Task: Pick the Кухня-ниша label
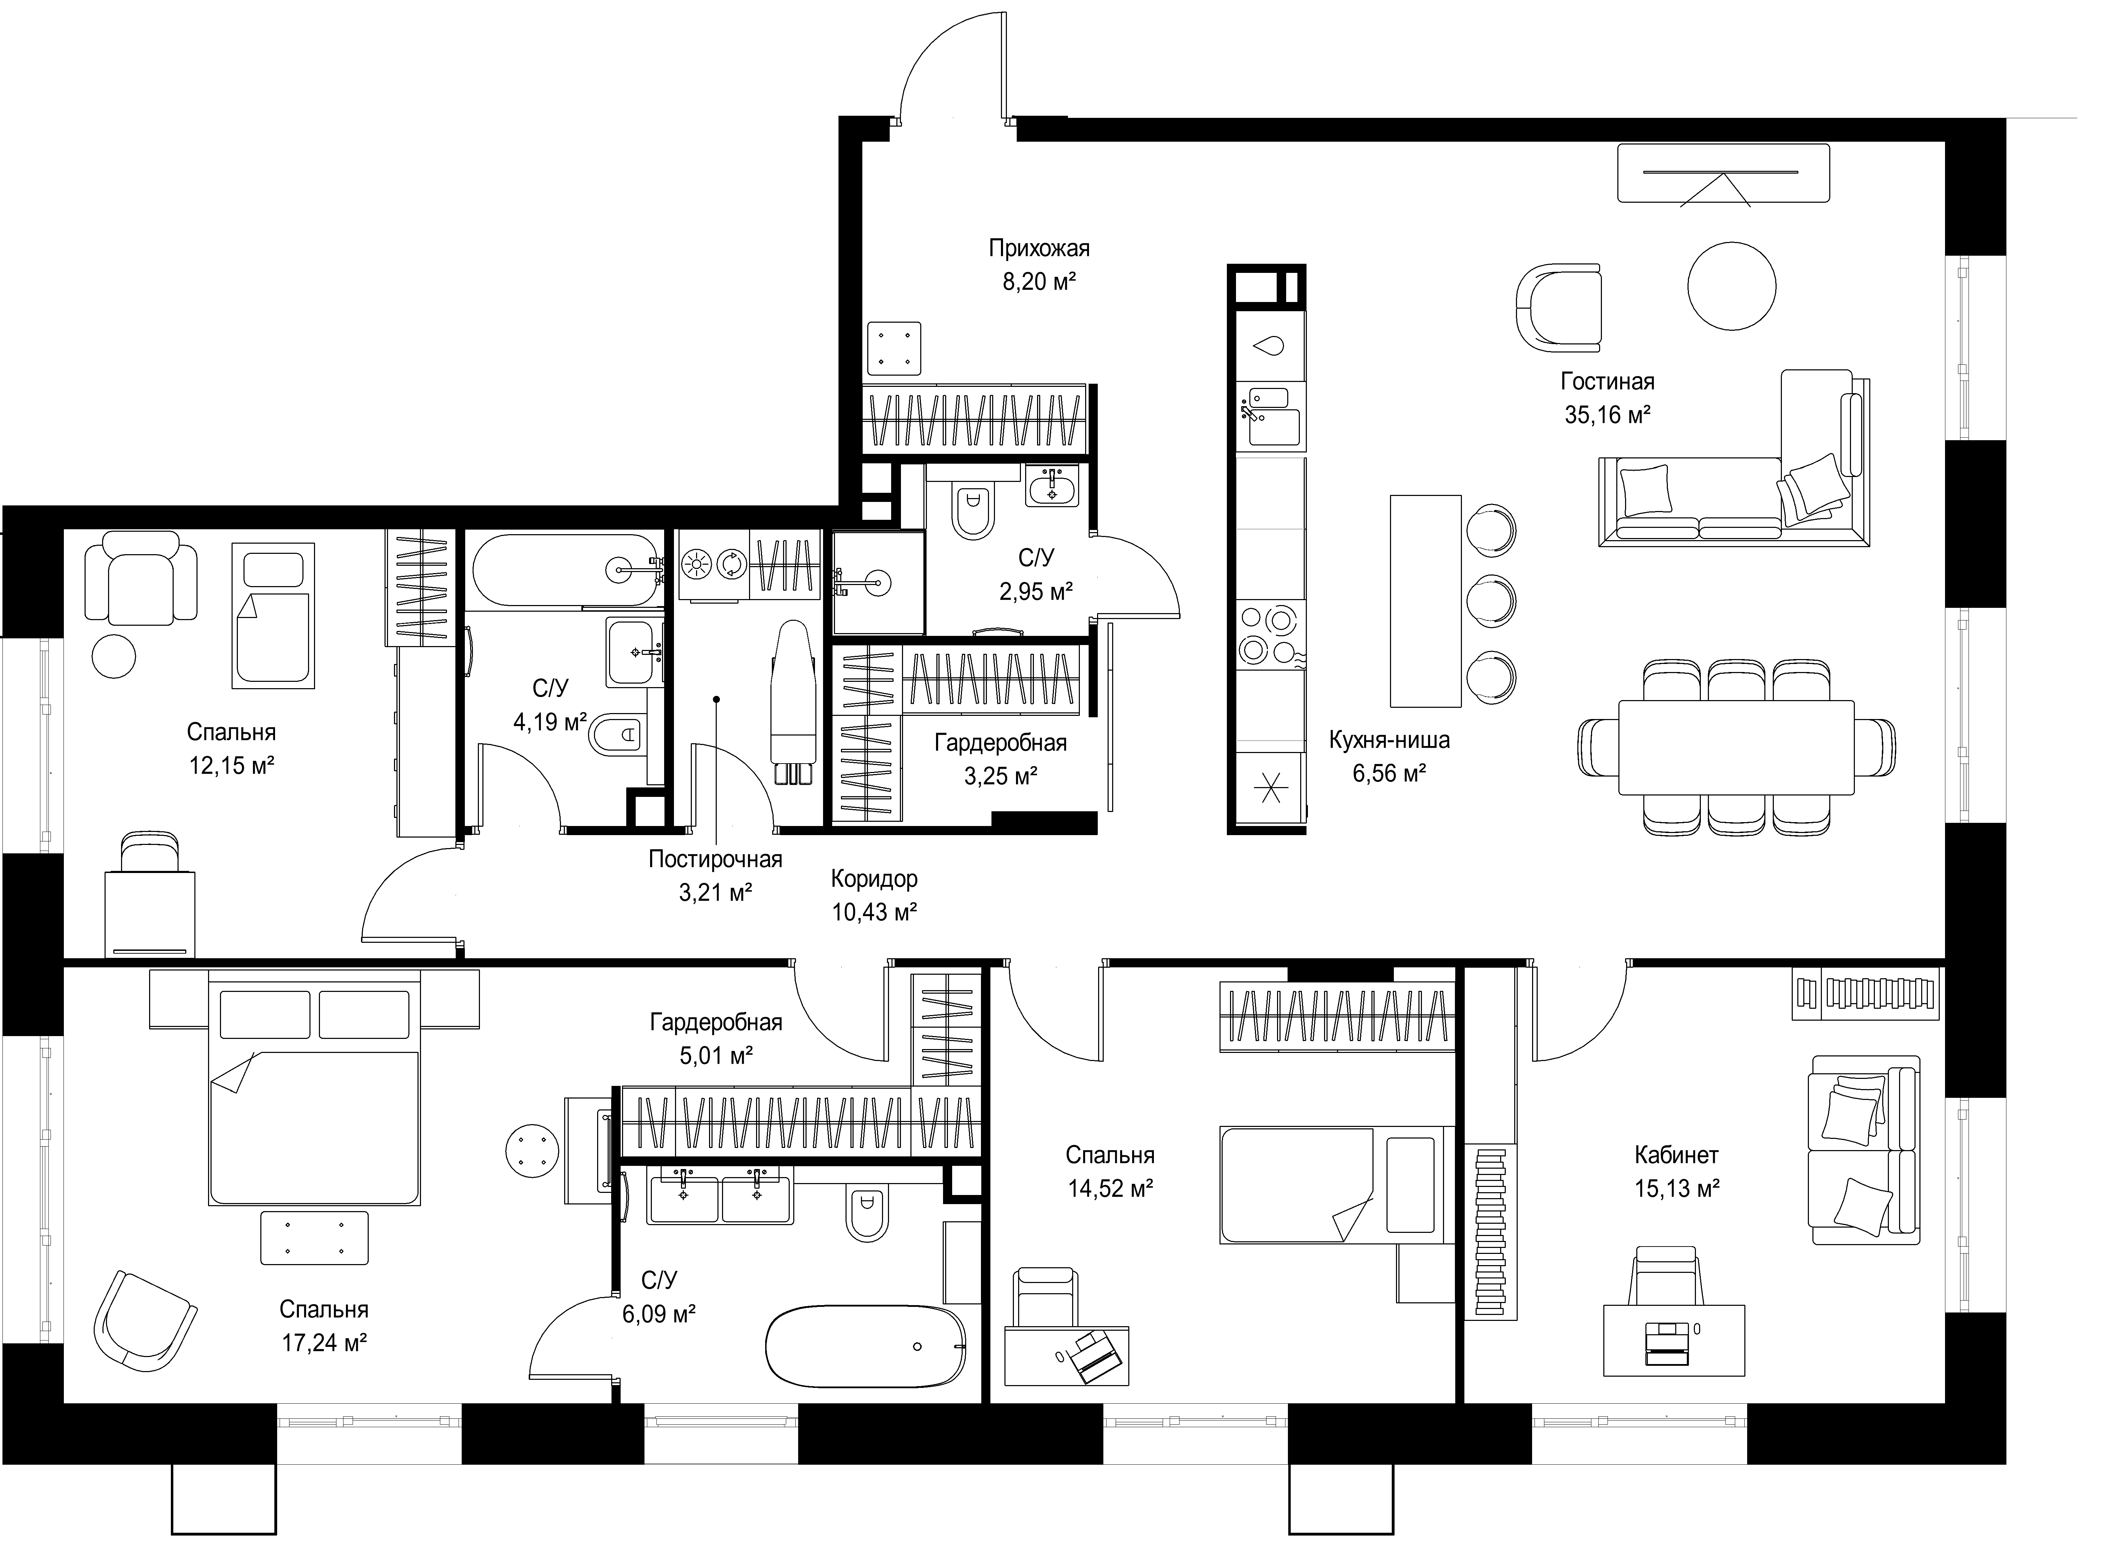1389,740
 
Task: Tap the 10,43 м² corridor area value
874,912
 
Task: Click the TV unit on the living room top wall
1723,173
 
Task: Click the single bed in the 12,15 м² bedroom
273,615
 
